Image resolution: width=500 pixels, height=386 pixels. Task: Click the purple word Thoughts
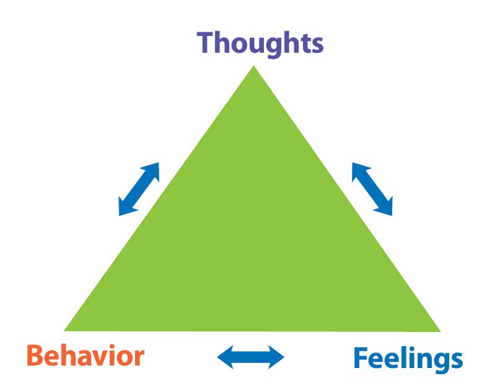260,43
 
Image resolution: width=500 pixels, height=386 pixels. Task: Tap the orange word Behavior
86,357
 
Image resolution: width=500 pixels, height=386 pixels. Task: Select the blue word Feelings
407,358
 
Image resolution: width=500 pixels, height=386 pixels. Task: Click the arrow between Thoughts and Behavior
139,189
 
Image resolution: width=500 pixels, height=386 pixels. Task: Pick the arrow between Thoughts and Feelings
372,189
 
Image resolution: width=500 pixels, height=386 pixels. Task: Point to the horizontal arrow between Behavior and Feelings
250,356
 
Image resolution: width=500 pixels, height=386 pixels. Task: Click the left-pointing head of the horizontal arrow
225,356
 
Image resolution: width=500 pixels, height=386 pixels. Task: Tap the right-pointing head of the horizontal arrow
276,356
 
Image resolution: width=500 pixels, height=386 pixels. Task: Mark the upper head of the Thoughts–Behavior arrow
152,169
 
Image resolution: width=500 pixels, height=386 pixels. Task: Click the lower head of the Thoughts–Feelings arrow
386,209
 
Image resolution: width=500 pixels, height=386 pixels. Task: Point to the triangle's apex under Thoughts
253,67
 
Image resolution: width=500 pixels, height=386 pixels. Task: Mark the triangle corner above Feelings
439,330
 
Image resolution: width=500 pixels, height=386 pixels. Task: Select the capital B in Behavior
36,357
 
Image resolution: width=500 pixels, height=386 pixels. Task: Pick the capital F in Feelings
362,358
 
